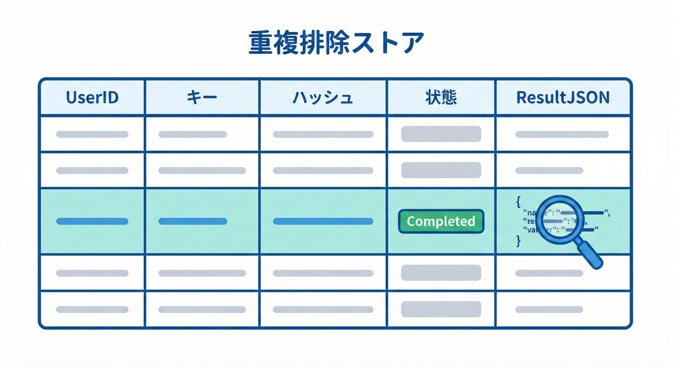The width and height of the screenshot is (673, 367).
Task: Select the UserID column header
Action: (x=92, y=97)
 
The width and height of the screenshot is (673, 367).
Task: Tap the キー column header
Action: (x=202, y=97)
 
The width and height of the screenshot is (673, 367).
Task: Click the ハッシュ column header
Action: (x=323, y=97)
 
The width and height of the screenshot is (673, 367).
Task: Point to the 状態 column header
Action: (x=441, y=97)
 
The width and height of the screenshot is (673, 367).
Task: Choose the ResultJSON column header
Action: (x=563, y=97)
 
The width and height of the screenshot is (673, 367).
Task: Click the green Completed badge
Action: (x=441, y=221)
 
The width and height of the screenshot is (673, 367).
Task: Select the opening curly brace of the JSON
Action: (x=518, y=202)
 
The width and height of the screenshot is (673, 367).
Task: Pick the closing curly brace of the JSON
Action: (x=518, y=242)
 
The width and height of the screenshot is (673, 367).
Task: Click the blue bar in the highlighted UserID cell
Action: (x=92, y=221)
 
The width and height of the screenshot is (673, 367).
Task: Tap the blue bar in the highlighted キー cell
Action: (x=193, y=221)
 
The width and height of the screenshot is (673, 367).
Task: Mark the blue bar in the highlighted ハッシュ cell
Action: (x=323, y=221)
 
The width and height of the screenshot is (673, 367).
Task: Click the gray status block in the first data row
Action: (x=441, y=134)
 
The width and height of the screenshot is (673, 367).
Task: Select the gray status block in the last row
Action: (x=441, y=309)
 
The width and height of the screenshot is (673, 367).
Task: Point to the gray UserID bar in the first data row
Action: (x=92, y=134)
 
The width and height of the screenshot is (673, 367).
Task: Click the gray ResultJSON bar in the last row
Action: (x=549, y=310)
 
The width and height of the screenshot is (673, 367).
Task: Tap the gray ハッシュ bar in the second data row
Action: (x=323, y=171)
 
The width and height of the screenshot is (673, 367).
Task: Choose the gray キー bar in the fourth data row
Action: (x=202, y=273)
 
